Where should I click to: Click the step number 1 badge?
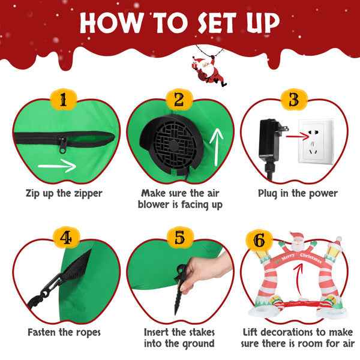tap(64, 100)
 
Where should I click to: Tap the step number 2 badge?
tap(179, 100)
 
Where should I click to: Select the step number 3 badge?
tap(294, 100)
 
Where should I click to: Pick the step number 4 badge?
tap(66, 238)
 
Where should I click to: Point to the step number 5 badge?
tap(180, 238)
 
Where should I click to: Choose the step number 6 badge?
tap(259, 240)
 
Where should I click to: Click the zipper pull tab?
tap(62, 145)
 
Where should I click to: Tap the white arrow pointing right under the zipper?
tap(57, 166)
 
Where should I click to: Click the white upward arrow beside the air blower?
tap(216, 147)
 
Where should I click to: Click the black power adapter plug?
tap(271, 147)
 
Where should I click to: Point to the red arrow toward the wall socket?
tap(298, 137)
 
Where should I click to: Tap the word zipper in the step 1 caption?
tap(88, 194)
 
